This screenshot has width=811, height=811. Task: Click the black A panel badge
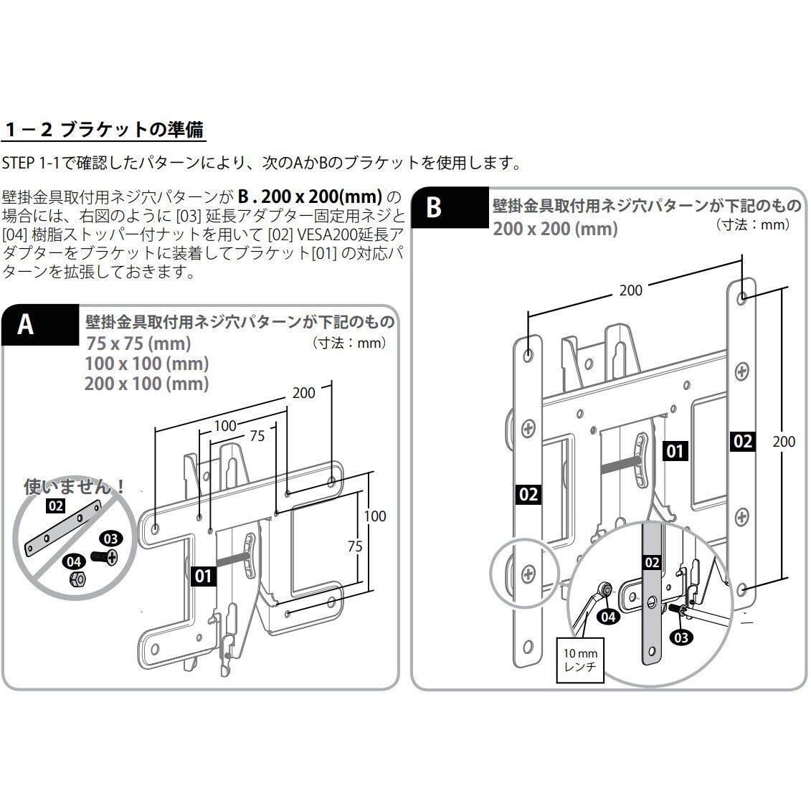coord(26,325)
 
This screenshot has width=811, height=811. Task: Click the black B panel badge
coord(434,208)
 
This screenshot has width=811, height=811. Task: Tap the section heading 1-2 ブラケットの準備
coord(104,130)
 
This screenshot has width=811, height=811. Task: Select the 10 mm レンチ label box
coord(579,660)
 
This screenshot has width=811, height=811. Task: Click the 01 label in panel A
coord(204,575)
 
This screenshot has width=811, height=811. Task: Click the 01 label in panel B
coord(675,451)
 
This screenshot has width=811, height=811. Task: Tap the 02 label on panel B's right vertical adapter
coord(742,441)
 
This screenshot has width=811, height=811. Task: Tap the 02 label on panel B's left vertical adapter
coord(528,494)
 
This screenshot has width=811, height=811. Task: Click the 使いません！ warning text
coord(75,488)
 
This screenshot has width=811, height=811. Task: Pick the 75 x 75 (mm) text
coord(138,343)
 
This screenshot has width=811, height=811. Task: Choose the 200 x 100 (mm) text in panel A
coord(146,384)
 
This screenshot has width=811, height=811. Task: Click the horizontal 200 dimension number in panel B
coord(630,290)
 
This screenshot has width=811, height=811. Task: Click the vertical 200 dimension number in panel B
coord(784,441)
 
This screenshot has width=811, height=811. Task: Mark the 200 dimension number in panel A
coord(303,393)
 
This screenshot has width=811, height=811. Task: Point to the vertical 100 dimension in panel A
coord(374,516)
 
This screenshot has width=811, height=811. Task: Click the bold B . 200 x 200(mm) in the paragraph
coord(310,196)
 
